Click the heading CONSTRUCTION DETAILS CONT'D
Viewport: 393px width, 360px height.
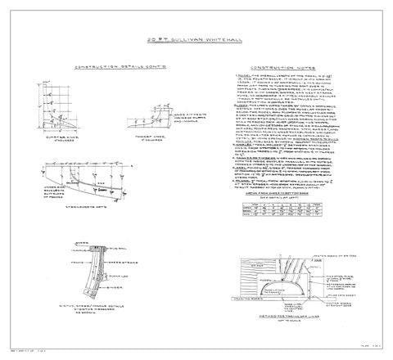pyautogui.click(x=109, y=68)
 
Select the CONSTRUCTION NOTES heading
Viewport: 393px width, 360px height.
pyautogui.click(x=285, y=68)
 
